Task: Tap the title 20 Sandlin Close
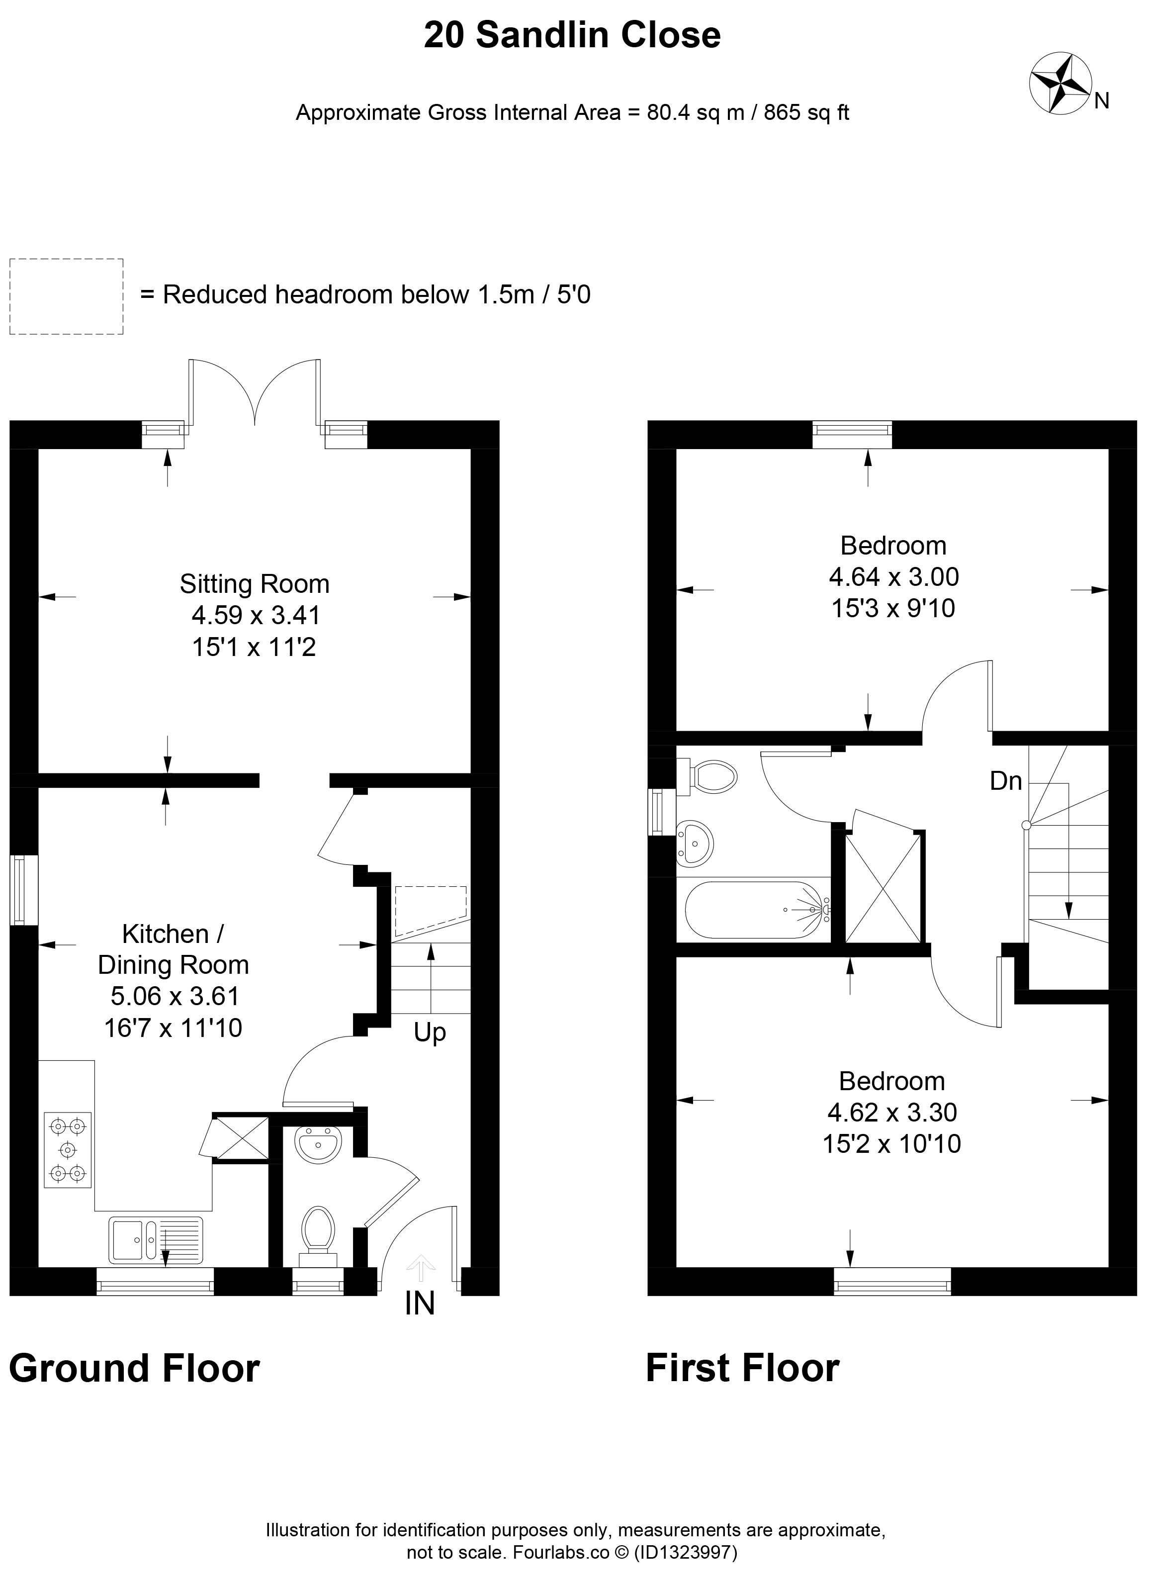(x=572, y=35)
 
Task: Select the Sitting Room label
(x=255, y=584)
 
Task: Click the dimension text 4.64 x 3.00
(x=893, y=576)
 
